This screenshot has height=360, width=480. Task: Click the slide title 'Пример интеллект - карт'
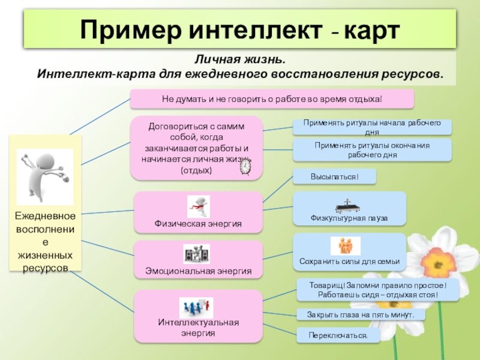(239, 29)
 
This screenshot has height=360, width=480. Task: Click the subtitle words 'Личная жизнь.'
(239, 61)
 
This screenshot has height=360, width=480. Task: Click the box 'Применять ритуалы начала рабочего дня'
(372, 127)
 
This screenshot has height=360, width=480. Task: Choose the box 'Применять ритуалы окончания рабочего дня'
(372, 150)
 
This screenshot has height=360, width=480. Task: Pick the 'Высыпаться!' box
(334, 176)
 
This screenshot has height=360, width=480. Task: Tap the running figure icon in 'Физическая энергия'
(198, 206)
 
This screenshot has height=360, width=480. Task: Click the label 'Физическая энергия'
(198, 224)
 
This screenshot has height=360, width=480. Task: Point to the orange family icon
(346, 246)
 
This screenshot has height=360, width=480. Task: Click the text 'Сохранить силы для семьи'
(349, 262)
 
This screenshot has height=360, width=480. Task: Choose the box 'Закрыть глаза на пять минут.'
(361, 314)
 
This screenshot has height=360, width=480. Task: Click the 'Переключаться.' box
(338, 335)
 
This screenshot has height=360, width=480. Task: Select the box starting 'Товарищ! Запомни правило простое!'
(378, 290)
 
